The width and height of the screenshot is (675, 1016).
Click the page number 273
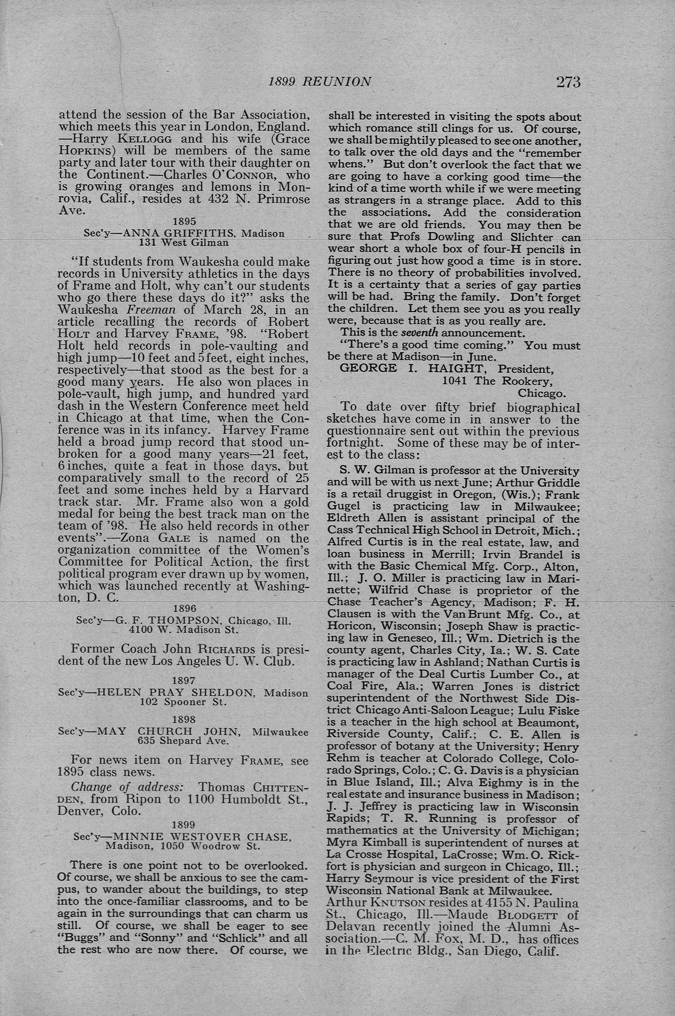click(x=568, y=81)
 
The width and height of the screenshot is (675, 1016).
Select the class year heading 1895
click(x=184, y=222)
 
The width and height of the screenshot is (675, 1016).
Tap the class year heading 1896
click(x=184, y=608)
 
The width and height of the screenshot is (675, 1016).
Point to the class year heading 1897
click(x=184, y=681)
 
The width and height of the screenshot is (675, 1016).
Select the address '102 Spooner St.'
click(x=183, y=702)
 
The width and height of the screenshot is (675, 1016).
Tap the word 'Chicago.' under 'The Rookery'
click(x=542, y=393)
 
